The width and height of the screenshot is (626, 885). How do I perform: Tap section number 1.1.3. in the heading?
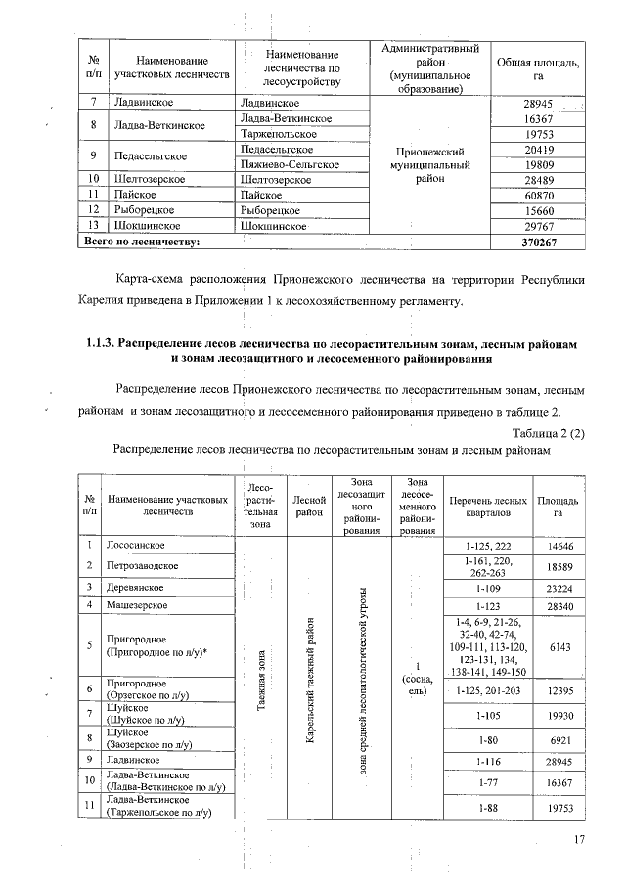pos(102,345)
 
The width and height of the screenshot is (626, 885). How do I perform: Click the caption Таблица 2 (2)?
pos(548,434)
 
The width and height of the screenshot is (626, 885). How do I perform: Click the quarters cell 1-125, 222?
pos(483,545)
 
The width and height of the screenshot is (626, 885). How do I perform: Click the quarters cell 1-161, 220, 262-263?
pos(483,566)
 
